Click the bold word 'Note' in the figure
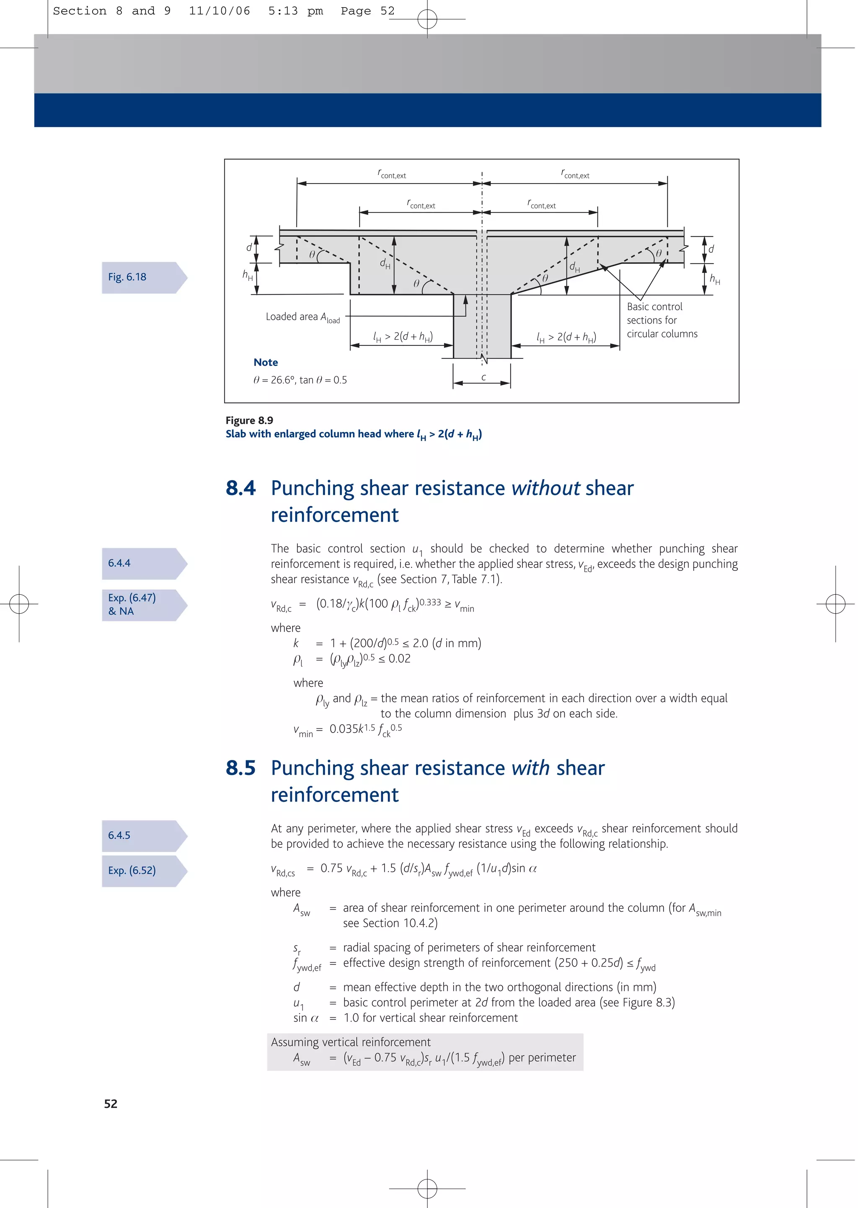coord(265,363)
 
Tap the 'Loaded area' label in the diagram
coord(292,316)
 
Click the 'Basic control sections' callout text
coord(655,314)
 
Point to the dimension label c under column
coord(483,377)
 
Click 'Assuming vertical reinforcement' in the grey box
coord(351,1042)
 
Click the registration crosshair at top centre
coord(427,20)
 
